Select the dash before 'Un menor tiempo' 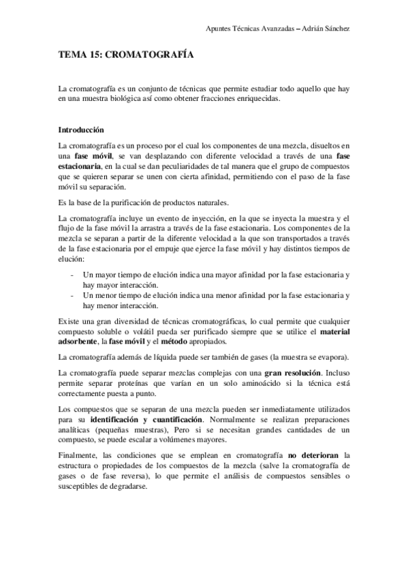(73, 294)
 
